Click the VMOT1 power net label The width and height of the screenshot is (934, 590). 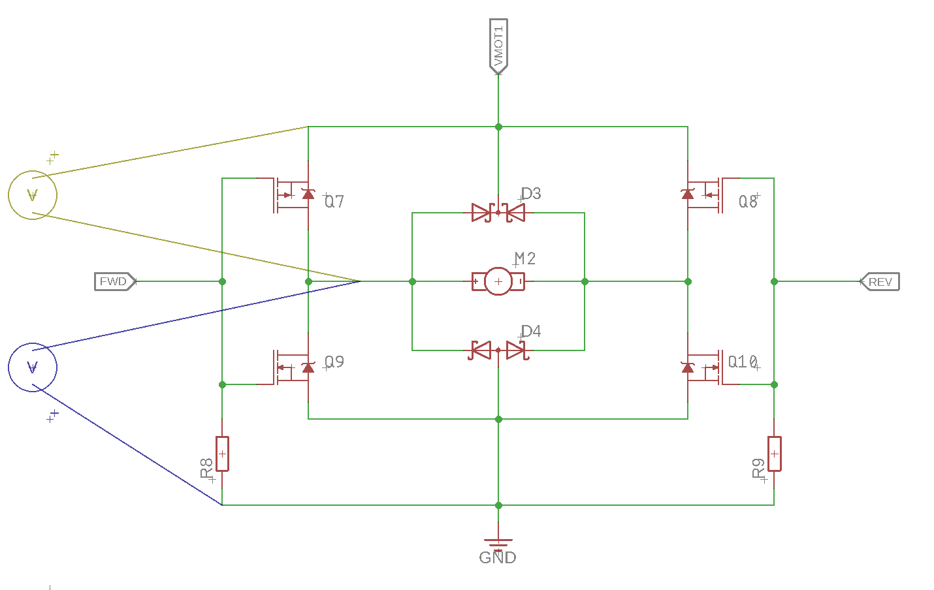(x=498, y=45)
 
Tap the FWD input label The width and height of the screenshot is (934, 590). (x=114, y=281)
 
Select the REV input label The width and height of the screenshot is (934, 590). (x=880, y=282)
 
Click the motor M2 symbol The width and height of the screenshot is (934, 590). (x=498, y=281)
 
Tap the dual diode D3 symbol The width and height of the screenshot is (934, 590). (x=498, y=212)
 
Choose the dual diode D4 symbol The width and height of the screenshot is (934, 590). (x=498, y=350)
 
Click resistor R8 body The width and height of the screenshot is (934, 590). (x=222, y=454)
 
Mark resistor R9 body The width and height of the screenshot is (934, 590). (x=774, y=454)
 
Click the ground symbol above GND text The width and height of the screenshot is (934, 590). (x=498, y=542)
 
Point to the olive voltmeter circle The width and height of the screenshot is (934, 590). (x=33, y=194)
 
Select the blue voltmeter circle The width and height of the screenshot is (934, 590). (x=33, y=367)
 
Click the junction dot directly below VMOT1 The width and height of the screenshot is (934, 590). (x=498, y=127)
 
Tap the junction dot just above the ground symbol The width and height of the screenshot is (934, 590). (x=498, y=505)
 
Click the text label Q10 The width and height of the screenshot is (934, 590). (x=743, y=362)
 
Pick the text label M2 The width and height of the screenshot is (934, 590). (x=525, y=258)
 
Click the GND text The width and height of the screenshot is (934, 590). (x=498, y=558)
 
